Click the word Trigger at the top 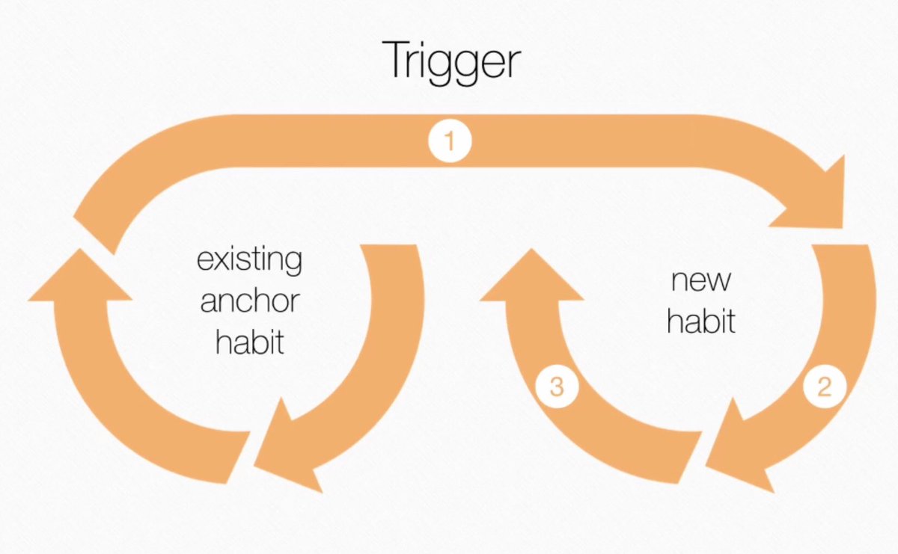click(x=450, y=61)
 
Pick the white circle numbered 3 click(x=556, y=387)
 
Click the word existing click(x=250, y=262)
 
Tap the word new click(x=701, y=281)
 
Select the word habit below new click(x=701, y=321)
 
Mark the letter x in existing click(x=222, y=262)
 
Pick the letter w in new click(x=719, y=283)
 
